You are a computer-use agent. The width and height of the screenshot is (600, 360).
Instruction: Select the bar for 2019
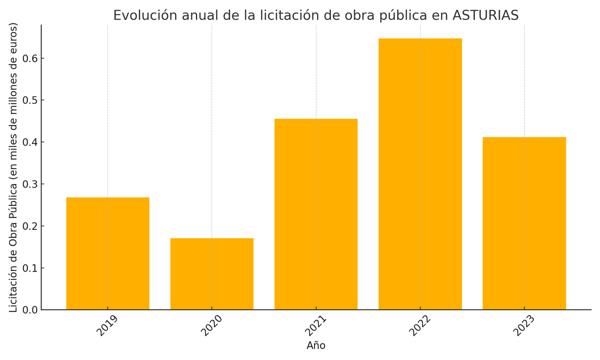coord(107,253)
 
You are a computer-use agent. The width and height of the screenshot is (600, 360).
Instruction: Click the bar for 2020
coord(211,274)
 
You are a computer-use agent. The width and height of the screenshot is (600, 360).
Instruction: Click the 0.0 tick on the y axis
coord(30,310)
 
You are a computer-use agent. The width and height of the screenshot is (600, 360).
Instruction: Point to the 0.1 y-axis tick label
coord(30,268)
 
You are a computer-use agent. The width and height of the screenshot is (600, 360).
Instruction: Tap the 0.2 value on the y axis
coord(30,226)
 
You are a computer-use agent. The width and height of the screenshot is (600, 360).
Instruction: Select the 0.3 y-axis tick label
coord(30,184)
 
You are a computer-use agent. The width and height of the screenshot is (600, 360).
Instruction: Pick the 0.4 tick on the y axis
coord(30,142)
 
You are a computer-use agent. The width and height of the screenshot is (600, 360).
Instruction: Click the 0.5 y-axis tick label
coord(30,100)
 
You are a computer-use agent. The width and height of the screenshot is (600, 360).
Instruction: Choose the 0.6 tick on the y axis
coord(30,58)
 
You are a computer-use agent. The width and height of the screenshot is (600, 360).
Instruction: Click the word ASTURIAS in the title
coord(485,15)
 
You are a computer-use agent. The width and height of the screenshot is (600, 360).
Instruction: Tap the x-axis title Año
coord(316,345)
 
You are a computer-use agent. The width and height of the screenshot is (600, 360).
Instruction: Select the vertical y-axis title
coord(13,167)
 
